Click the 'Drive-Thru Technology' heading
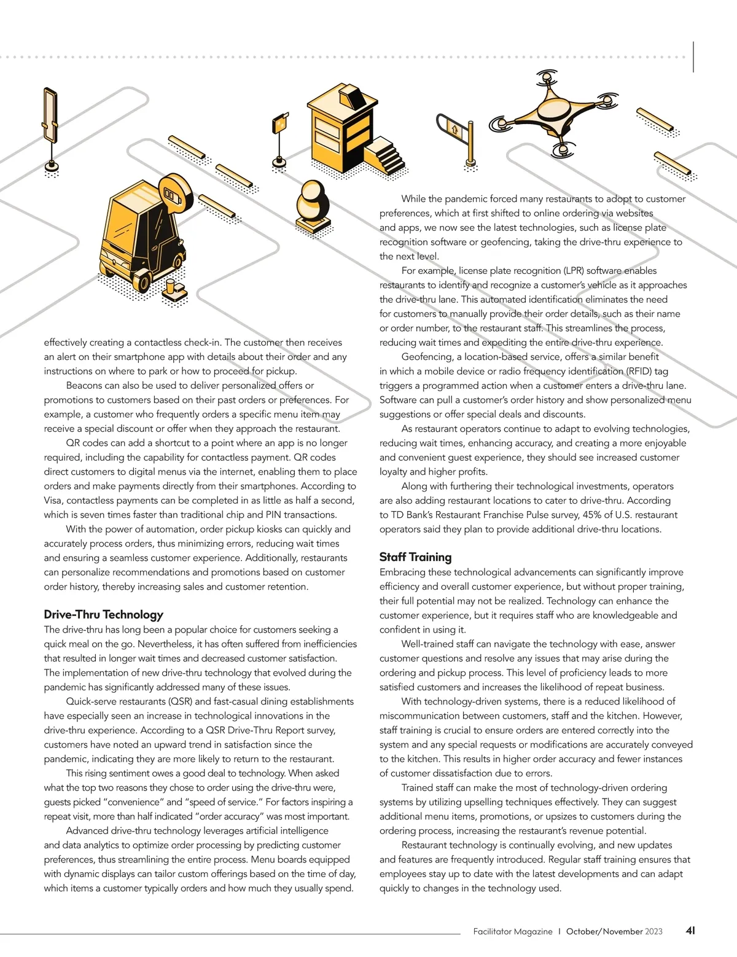(103, 614)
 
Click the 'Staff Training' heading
(415, 557)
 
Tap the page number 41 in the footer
(690, 931)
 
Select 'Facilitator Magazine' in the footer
(512, 931)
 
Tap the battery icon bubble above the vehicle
(174, 194)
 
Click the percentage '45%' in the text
(591, 515)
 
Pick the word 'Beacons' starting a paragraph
(84, 386)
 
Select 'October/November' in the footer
(604, 931)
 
